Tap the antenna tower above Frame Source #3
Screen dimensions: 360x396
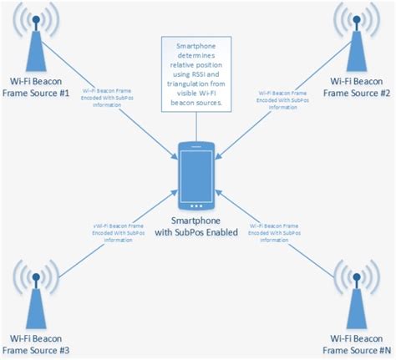tap(35, 292)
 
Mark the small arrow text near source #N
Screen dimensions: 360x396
tap(278, 231)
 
